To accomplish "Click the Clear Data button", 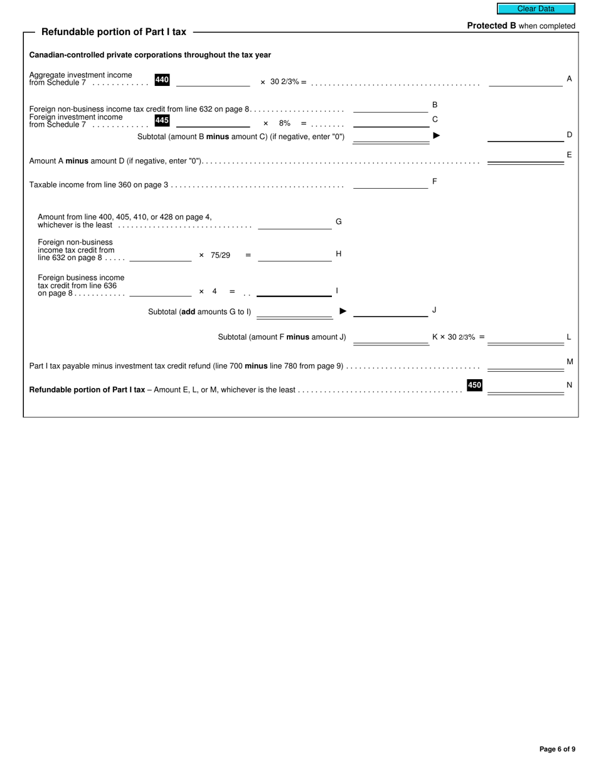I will click(536, 9).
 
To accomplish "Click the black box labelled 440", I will click(162, 80).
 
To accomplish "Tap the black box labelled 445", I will click(162, 120).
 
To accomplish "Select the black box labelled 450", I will click(474, 385).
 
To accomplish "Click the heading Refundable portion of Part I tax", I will click(114, 32).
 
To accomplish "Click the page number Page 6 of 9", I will click(557, 749).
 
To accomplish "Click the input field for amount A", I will click(525, 80).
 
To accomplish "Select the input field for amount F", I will click(390, 183).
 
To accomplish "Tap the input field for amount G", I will click(294, 224).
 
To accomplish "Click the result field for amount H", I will click(294, 256).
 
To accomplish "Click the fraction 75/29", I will click(221, 255).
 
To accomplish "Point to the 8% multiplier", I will click(285, 123).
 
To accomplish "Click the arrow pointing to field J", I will click(343, 311).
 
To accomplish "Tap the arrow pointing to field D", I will click(437, 135).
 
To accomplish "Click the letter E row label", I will click(569, 155).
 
